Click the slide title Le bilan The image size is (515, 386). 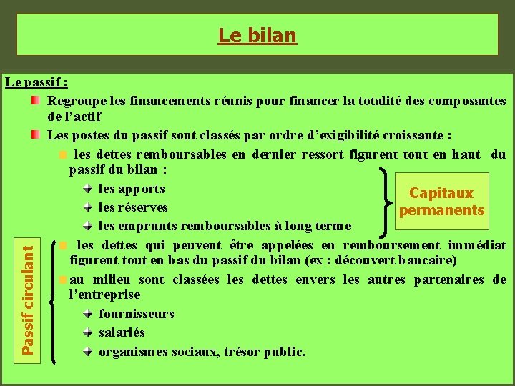pyautogui.click(x=257, y=34)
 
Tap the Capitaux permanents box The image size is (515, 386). pyautogui.click(x=441, y=202)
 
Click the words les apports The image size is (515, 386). pyautogui.click(x=132, y=189)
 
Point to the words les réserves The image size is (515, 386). pyautogui.click(x=133, y=207)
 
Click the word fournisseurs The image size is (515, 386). pyautogui.click(x=137, y=314)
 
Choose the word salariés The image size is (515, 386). pyautogui.click(x=122, y=332)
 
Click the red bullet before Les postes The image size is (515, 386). pyautogui.click(x=36, y=134)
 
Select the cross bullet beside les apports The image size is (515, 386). pyautogui.click(x=87, y=189)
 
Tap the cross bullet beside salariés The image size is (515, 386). pyautogui.click(x=87, y=332)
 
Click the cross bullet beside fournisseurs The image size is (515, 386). pyautogui.click(x=87, y=314)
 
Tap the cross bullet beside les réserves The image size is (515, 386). pyautogui.click(x=87, y=207)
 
